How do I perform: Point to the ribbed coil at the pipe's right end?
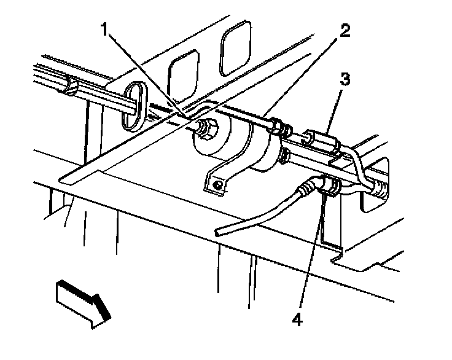pos(378,189)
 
